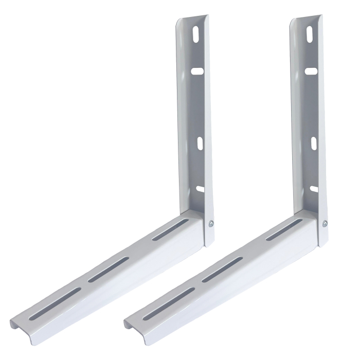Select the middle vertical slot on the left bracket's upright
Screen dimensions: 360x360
click(200, 143)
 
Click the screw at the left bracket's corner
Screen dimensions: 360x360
click(211, 223)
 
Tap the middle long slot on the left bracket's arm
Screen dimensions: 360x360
click(108, 269)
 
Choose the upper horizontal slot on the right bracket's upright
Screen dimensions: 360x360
click(311, 71)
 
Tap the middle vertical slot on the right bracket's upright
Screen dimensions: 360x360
click(313, 143)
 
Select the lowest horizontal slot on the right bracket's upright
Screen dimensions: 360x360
click(314, 189)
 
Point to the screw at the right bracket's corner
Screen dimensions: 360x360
click(325, 223)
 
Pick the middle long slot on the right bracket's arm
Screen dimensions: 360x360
click(222, 269)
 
